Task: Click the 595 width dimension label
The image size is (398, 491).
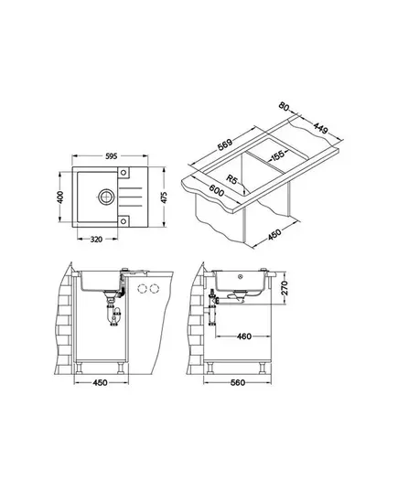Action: click(111, 155)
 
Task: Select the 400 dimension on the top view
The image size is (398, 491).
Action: click(60, 197)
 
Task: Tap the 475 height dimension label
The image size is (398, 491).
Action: click(164, 197)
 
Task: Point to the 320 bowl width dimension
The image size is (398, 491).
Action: click(96, 240)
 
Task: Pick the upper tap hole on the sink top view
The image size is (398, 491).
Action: click(124, 173)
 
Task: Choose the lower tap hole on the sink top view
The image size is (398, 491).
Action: click(124, 221)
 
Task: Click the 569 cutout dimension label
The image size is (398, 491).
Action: click(225, 144)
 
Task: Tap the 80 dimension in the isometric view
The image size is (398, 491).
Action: click(284, 106)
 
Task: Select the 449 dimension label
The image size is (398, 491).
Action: click(321, 127)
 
